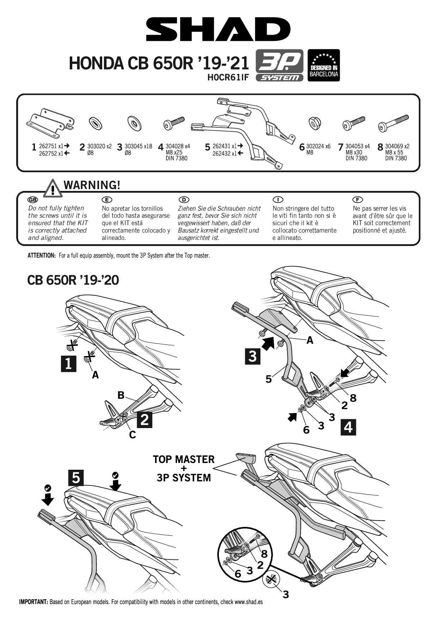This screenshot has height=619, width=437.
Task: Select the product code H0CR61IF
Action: [x=228, y=78]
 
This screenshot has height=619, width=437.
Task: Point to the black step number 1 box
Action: [x=68, y=363]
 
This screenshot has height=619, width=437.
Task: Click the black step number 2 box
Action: [x=144, y=420]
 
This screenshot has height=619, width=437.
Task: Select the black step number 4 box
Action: [x=348, y=427]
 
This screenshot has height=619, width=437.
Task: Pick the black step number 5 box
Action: [x=76, y=478]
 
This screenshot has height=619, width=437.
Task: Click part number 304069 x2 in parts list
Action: [x=397, y=146]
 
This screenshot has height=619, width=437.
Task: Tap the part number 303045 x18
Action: [x=139, y=146]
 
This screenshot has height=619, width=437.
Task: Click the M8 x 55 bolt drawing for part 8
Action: [x=393, y=122]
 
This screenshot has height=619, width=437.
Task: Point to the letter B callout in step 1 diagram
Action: [x=121, y=396]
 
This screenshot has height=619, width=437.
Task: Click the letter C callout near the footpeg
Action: [x=132, y=435]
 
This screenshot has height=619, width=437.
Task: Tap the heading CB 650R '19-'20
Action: [x=73, y=281]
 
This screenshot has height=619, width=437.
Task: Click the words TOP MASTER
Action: [x=184, y=459]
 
